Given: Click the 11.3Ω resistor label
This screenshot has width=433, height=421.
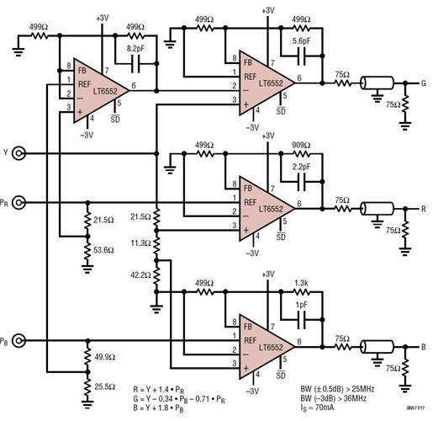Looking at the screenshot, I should (x=140, y=243).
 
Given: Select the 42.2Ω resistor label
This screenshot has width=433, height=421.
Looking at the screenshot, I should (x=140, y=274).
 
